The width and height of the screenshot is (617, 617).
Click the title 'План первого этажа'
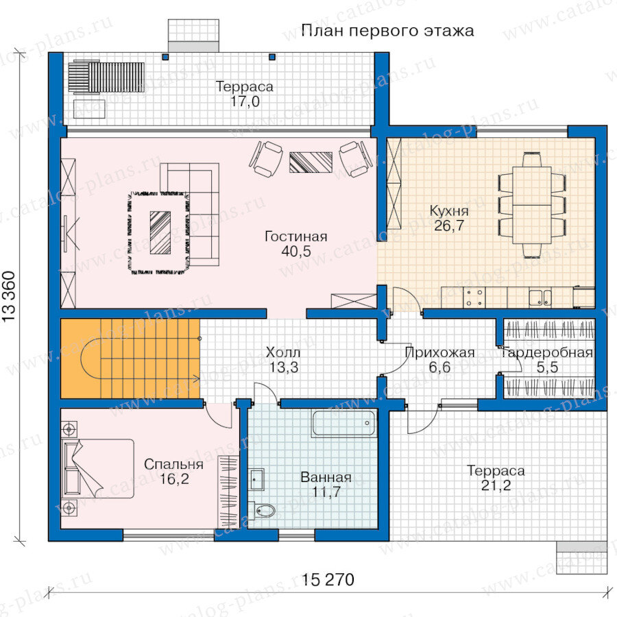[x=387, y=31]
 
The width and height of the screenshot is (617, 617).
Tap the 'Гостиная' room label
[x=296, y=236]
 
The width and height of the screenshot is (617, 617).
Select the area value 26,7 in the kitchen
[x=449, y=226]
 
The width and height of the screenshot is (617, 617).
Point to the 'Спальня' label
[x=173, y=464]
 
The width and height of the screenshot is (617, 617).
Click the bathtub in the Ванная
[x=343, y=423]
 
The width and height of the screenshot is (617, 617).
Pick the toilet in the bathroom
[x=261, y=511]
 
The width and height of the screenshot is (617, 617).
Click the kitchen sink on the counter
[x=540, y=298]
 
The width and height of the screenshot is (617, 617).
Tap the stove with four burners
[x=474, y=298]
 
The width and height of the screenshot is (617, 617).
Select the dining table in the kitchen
[x=531, y=205]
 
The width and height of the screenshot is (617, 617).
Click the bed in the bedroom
[x=98, y=468]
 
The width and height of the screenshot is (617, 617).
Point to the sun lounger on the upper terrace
[x=106, y=77]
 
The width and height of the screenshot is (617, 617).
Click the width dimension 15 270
[x=328, y=579]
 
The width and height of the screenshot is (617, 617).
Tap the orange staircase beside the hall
[x=130, y=359]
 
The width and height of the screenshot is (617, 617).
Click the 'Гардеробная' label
[x=547, y=352]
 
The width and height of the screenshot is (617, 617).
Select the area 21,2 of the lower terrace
[x=496, y=485]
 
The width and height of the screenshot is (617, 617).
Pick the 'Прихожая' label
[x=439, y=352]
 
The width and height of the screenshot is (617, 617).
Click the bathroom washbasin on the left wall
[x=257, y=479]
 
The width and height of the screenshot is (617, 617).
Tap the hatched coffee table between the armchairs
[x=311, y=162]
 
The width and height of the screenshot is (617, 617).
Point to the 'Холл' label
[x=283, y=352]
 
